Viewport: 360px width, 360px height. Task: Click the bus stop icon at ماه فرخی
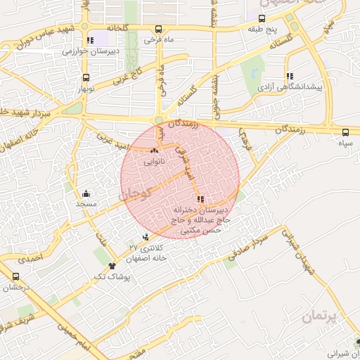click(x=158, y=30)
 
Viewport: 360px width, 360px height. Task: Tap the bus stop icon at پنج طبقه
click(x=262, y=19)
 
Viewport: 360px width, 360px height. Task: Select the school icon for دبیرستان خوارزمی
click(x=89, y=40)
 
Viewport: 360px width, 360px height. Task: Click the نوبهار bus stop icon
click(x=86, y=78)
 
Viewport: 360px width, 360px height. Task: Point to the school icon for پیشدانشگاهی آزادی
click(x=289, y=76)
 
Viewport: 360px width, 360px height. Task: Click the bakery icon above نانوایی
click(x=155, y=150)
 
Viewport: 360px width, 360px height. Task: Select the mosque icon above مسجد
click(x=86, y=193)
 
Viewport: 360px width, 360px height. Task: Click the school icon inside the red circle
click(x=201, y=199)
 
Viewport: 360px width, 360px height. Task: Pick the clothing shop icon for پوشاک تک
click(x=112, y=266)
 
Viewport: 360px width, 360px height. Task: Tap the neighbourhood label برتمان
click(x=319, y=317)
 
